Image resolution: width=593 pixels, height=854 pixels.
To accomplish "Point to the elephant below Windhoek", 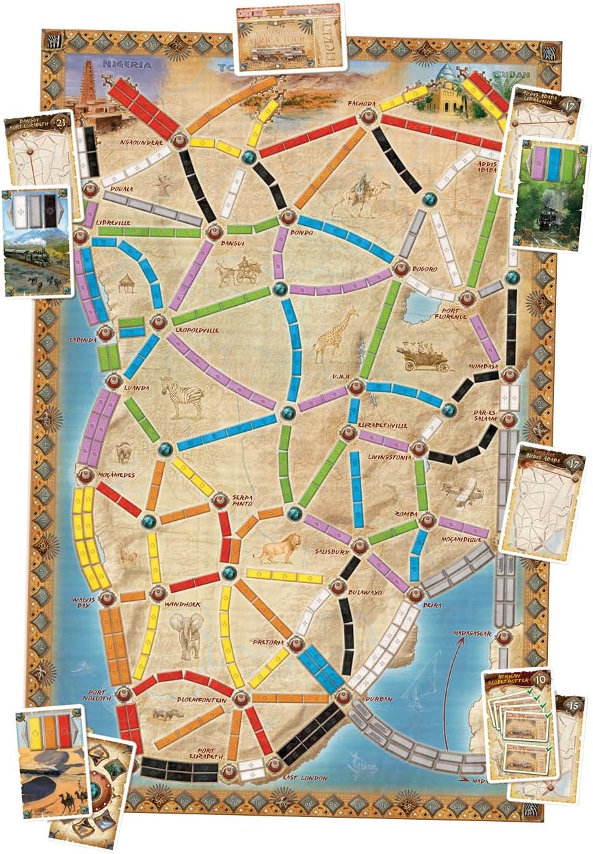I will (187, 632).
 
